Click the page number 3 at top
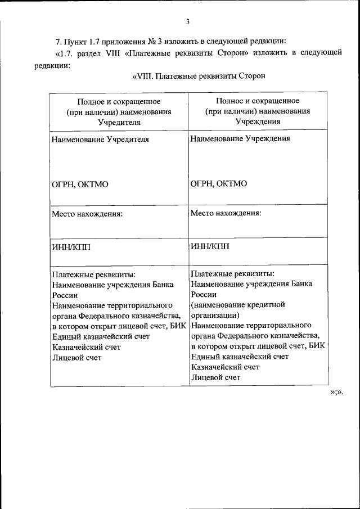point(188,21)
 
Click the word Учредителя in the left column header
point(119,121)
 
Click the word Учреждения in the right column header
point(257,121)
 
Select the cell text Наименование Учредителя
point(100,139)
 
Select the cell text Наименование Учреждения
point(240,138)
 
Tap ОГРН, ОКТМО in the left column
point(80,184)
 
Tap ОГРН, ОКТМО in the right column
point(219,183)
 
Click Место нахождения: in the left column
point(87,214)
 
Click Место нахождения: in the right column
point(226,213)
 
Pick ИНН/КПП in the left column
point(71,245)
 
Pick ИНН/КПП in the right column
point(210,245)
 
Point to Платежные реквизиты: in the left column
point(93,275)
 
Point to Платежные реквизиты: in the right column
point(232,274)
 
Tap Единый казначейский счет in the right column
point(240,357)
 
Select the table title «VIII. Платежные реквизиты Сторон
point(198,75)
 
